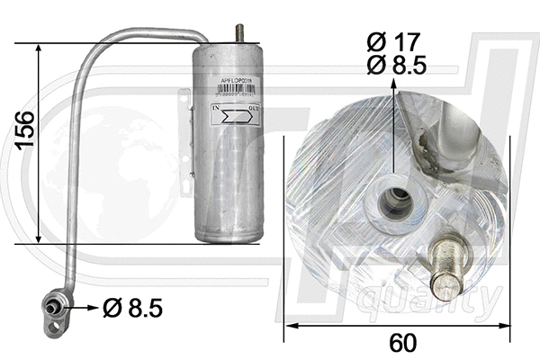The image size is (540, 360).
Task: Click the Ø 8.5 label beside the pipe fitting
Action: (x=132, y=309)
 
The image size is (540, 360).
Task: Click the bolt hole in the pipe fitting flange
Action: (x=49, y=301)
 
